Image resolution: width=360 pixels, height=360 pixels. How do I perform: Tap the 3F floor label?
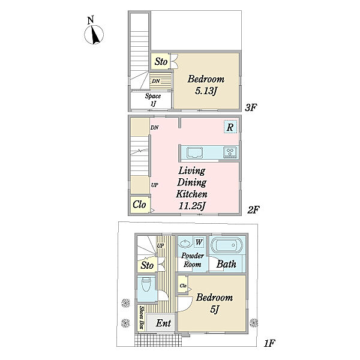click(250, 107)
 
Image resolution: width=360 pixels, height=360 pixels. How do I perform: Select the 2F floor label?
click(253, 209)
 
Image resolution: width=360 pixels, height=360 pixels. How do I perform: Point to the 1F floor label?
click(269, 343)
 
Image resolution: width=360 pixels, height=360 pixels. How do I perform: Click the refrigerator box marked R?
click(230, 127)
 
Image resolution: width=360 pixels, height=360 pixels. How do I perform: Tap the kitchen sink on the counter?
click(194, 152)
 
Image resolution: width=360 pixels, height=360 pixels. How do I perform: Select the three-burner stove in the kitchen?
click(230, 152)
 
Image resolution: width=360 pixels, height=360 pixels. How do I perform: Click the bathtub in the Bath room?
click(227, 245)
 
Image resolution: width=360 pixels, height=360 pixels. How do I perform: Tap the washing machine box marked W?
click(199, 242)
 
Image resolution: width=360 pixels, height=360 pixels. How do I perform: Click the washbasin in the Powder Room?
click(185, 243)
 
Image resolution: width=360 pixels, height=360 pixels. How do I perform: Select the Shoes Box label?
click(142, 318)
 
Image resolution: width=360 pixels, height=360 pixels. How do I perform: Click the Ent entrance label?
click(163, 323)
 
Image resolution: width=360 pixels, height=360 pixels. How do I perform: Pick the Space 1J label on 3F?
click(153, 100)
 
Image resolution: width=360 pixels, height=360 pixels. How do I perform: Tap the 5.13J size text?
click(206, 91)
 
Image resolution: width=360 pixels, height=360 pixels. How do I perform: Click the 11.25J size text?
click(191, 206)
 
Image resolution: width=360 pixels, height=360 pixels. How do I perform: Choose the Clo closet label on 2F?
click(139, 204)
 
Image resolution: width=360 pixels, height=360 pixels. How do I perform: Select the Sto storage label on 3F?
click(161, 62)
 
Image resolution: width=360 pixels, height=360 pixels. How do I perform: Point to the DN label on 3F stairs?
click(156, 81)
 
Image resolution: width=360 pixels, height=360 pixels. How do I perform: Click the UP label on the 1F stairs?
click(160, 245)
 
